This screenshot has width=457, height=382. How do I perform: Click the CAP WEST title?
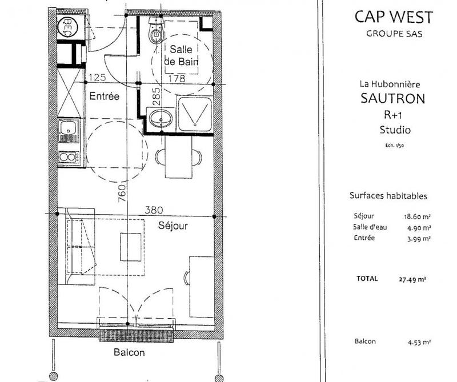click(x=394, y=17)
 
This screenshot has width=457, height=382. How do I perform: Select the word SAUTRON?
click(x=393, y=98)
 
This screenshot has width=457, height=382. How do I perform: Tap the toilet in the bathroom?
click(x=155, y=32)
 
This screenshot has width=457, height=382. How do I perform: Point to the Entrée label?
click(x=105, y=96)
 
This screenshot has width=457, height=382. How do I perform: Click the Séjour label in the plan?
click(x=173, y=226)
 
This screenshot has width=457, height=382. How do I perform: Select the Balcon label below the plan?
click(x=129, y=352)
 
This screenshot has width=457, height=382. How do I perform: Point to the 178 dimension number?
click(x=178, y=79)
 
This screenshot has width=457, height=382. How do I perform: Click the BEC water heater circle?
click(x=66, y=26)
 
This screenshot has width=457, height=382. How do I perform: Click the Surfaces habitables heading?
click(x=388, y=195)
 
